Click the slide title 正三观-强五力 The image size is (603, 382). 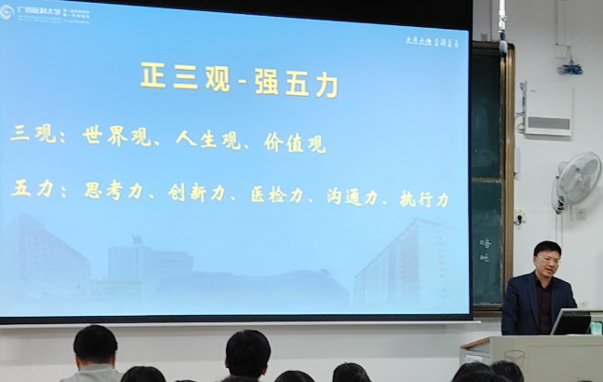(x=239, y=77)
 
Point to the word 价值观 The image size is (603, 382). (x=300, y=143)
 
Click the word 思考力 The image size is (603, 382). (x=114, y=190)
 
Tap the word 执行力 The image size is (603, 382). (x=424, y=198)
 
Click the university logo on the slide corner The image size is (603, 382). (x=7, y=12)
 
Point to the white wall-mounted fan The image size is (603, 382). (x=577, y=179)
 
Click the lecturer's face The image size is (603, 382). (x=548, y=261)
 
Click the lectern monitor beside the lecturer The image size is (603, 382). (x=570, y=321)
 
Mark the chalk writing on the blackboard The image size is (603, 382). (x=486, y=250)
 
